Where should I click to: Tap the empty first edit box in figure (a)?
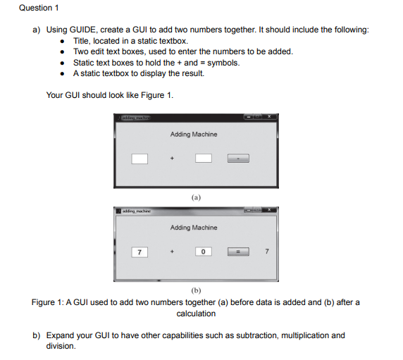click(x=139, y=159)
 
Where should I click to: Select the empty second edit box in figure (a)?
click(x=203, y=159)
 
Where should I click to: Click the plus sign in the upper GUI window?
click(x=171, y=159)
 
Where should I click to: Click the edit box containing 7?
click(x=139, y=252)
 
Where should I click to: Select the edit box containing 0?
click(x=203, y=252)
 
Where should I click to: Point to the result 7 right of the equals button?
click(x=266, y=252)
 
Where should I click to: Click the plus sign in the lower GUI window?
click(x=171, y=252)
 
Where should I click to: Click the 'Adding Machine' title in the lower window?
click(x=194, y=228)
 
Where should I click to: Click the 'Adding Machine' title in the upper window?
click(x=194, y=134)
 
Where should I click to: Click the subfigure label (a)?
click(x=196, y=198)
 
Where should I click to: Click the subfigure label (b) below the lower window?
click(x=196, y=290)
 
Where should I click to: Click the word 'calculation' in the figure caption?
click(x=196, y=314)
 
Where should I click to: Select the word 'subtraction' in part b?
click(x=254, y=335)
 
